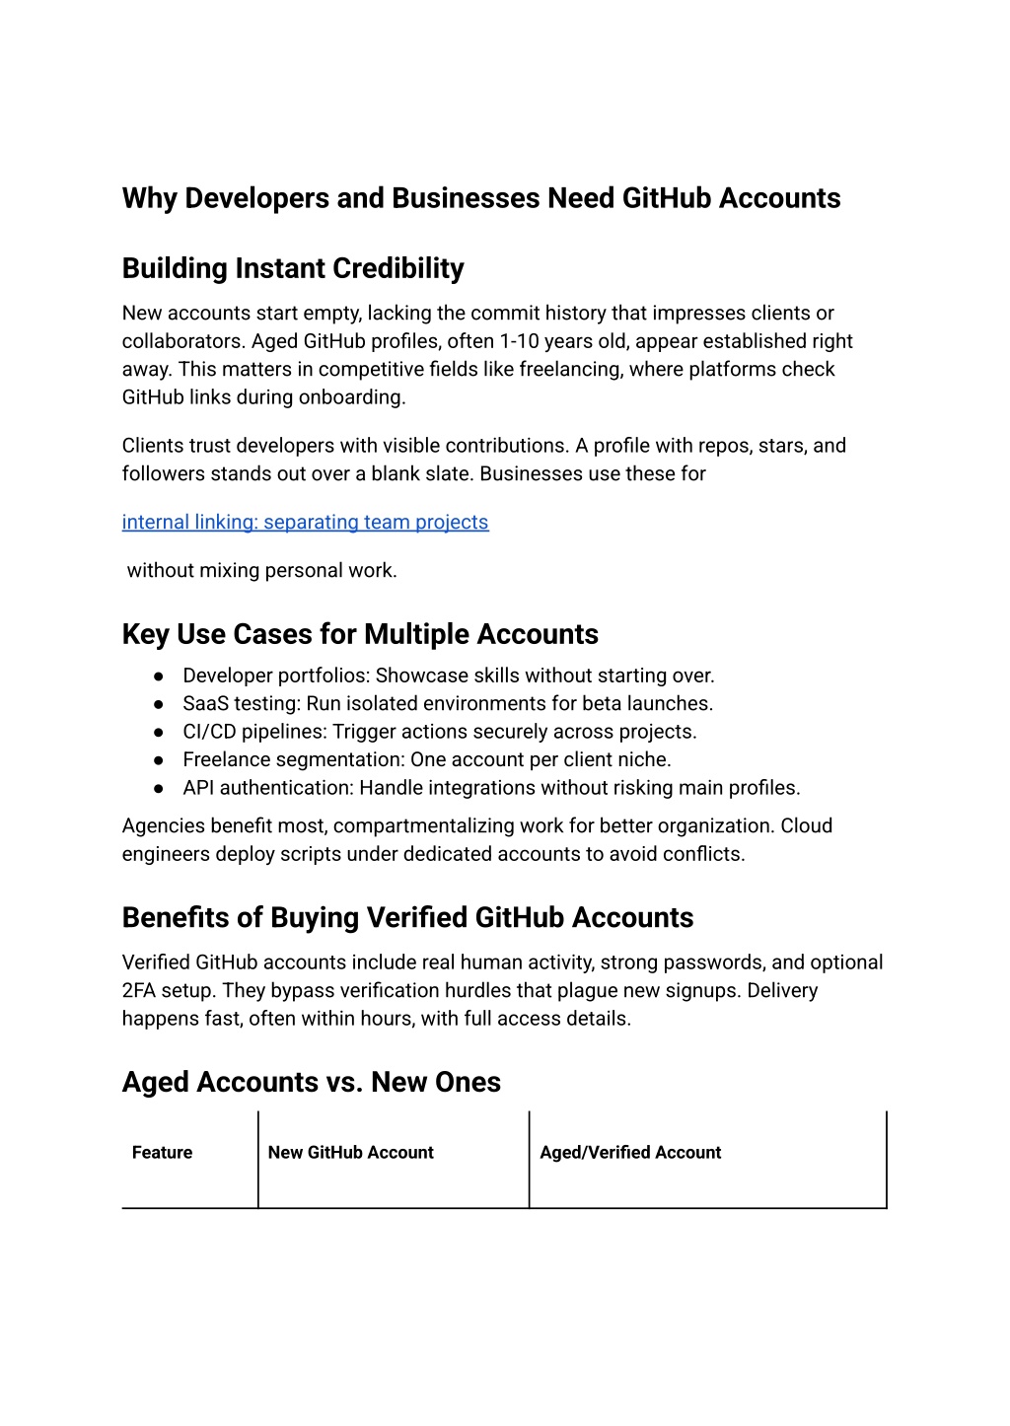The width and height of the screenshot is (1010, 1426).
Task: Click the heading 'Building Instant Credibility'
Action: pyautogui.click(x=293, y=268)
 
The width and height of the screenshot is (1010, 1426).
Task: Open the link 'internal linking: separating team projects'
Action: pyautogui.click(x=305, y=522)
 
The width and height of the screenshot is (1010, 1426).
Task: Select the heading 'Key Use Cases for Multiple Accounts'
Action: pyautogui.click(x=360, y=634)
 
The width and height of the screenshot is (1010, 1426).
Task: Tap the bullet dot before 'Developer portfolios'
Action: pyautogui.click(x=158, y=677)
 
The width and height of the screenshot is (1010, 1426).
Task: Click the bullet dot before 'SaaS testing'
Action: pyautogui.click(x=158, y=704)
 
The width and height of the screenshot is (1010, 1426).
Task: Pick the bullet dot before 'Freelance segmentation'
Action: pyautogui.click(x=158, y=760)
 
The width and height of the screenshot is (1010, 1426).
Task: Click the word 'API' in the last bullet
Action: pyautogui.click(x=198, y=788)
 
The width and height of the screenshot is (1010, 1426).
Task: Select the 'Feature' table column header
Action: pyautogui.click(x=162, y=1153)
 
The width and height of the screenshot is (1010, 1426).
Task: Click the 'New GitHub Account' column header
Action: pyautogui.click(x=350, y=1153)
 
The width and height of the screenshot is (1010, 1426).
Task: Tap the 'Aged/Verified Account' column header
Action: pyautogui.click(x=630, y=1153)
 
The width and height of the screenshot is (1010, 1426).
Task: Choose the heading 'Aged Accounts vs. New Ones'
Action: pyautogui.click(x=311, y=1082)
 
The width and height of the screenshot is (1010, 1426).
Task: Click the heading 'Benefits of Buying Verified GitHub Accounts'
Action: pyautogui.click(x=407, y=917)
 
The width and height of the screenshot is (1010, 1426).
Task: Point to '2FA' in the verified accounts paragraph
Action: pyautogui.click(x=139, y=990)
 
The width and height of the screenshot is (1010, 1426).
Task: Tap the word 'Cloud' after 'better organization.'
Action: pyautogui.click(x=806, y=825)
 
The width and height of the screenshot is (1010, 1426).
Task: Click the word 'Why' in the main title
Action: pyautogui.click(x=149, y=198)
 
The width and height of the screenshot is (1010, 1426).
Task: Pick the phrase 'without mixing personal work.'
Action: pyautogui.click(x=261, y=570)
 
